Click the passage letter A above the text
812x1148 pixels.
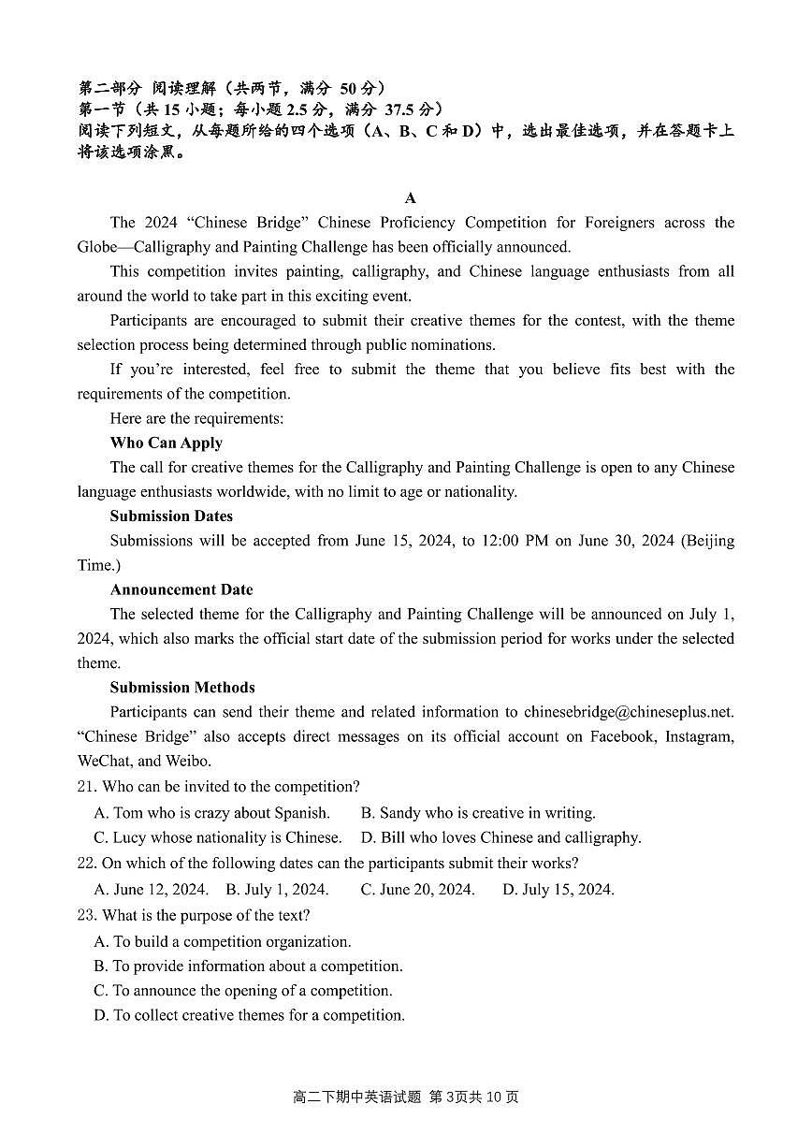410,197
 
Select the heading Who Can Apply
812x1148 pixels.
166,443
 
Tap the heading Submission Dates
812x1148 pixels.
171,516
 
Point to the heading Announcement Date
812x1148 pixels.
181,589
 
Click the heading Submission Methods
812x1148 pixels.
182,687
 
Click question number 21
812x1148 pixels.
87,787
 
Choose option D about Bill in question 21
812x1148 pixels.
500,837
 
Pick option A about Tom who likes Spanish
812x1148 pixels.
211,813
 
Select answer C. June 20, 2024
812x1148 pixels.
417,890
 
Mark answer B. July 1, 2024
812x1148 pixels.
277,890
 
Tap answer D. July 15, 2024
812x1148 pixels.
558,890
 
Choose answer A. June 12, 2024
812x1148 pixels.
151,890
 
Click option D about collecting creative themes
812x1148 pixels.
249,1015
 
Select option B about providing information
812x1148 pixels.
248,966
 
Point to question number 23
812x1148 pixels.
87,915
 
